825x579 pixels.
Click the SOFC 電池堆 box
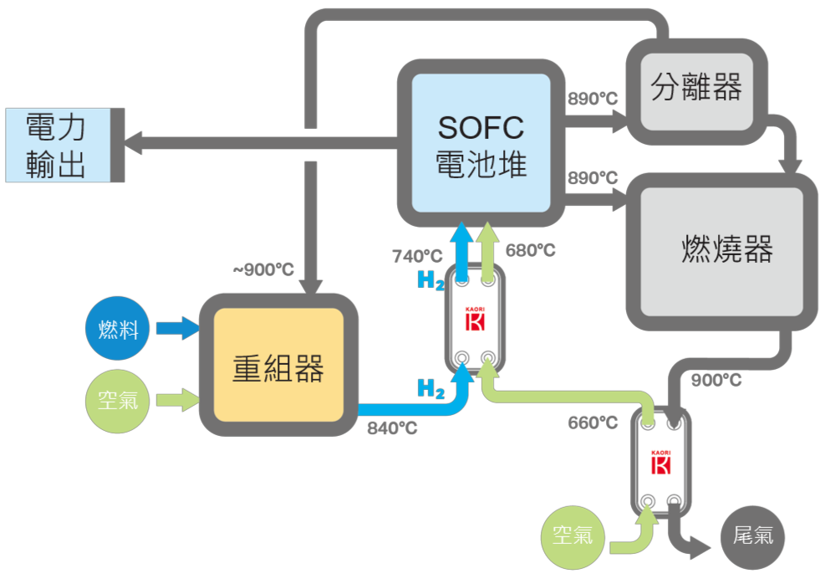[481, 143]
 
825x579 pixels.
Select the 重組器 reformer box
[278, 365]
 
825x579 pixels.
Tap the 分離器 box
[695, 86]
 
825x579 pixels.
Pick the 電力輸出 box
[57, 145]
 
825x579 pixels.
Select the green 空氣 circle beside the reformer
[118, 400]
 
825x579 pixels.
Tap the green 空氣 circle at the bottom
[573, 534]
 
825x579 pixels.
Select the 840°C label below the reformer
[392, 428]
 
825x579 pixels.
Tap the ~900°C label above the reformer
[262, 270]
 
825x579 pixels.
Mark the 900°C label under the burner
[716, 380]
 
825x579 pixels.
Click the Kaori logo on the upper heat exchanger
[475, 320]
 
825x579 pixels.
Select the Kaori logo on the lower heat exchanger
[660, 462]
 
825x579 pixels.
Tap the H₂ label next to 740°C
[430, 281]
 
